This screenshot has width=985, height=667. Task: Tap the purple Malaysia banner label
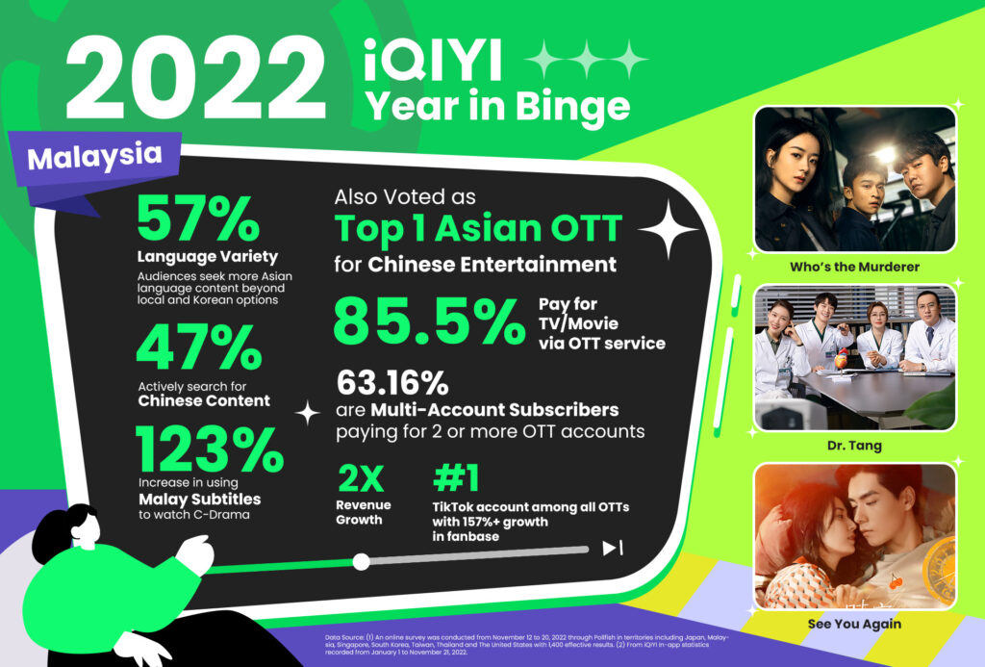point(95,158)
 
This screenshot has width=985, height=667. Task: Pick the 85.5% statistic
point(429,321)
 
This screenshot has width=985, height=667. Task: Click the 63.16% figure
point(391,384)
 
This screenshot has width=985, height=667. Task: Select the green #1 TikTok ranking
point(457,478)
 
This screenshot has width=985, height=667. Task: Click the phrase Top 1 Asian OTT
point(478,230)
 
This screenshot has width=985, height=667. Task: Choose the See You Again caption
point(855,624)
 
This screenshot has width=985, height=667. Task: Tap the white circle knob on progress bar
point(362,560)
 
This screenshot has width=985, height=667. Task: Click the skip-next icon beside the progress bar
point(613,549)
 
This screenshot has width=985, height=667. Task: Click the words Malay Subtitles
point(199,500)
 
